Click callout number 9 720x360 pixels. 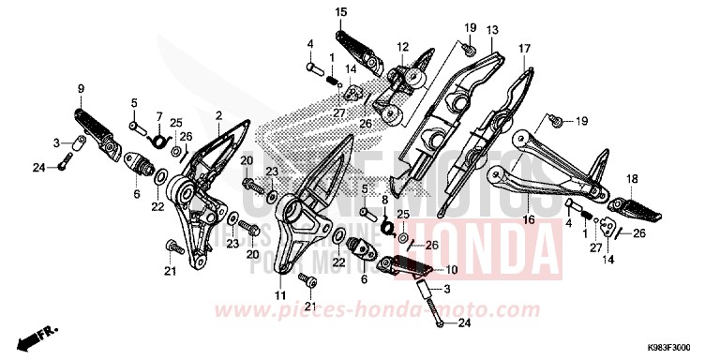coord(81,90)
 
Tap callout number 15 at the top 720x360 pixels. coord(340,12)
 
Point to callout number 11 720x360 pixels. coord(278,296)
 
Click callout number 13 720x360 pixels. coord(492,30)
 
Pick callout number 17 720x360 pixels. coord(524,47)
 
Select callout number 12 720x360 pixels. coord(402,47)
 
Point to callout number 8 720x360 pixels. coord(384,200)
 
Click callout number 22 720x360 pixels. coord(158,206)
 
